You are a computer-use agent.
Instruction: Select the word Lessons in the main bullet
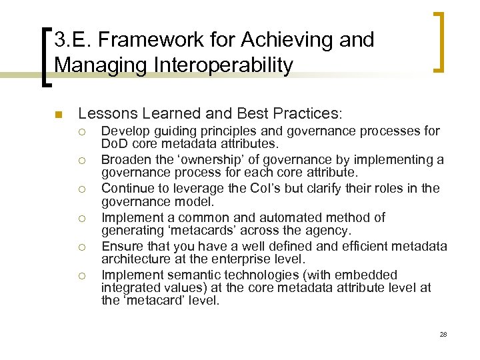101,114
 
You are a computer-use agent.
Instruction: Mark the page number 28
443,333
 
